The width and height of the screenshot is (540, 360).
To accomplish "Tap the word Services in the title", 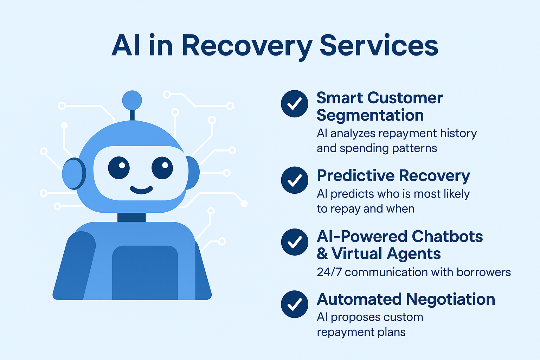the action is [x=379, y=45].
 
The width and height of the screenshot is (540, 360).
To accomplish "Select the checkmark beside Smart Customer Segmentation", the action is [x=294, y=104].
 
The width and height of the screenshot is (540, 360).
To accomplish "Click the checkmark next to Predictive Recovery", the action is [x=294, y=180].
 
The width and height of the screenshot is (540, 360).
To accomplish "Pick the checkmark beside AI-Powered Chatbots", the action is [x=294, y=242].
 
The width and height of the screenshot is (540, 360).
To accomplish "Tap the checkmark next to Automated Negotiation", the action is [x=294, y=304].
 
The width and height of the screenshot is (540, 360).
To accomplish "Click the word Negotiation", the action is [x=450, y=299].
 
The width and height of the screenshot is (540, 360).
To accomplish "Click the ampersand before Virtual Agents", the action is [x=322, y=253].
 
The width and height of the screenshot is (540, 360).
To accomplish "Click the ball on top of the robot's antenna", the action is [x=132, y=100].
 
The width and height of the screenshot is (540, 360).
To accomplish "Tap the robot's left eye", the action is [x=119, y=168].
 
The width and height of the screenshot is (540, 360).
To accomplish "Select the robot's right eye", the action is [x=162, y=168].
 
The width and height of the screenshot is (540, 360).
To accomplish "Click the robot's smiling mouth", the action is [x=141, y=190].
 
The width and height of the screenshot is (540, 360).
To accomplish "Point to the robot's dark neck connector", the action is [x=131, y=217].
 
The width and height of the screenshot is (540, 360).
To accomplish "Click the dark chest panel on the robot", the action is [x=145, y=273].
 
